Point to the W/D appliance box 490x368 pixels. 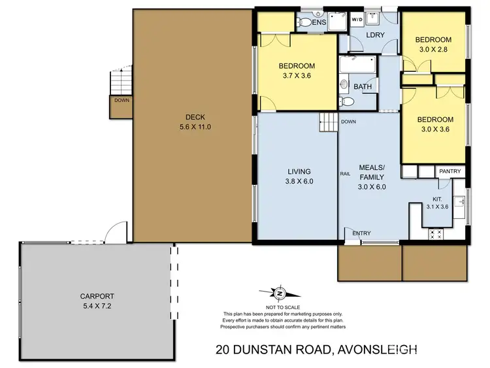[x=357, y=20]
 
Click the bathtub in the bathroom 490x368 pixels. [x=357, y=66]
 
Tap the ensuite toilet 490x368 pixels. [x=304, y=22]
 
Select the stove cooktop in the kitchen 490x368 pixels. [x=435, y=233]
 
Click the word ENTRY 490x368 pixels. [x=361, y=233]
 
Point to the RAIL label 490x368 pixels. [x=346, y=173]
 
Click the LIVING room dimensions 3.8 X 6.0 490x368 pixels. [x=299, y=182]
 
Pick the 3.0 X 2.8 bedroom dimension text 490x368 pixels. [x=434, y=50]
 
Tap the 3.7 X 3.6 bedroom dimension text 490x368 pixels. [x=297, y=76]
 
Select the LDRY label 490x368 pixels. [x=374, y=35]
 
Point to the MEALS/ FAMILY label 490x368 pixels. [x=371, y=172]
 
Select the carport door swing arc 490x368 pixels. [x=115, y=231]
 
